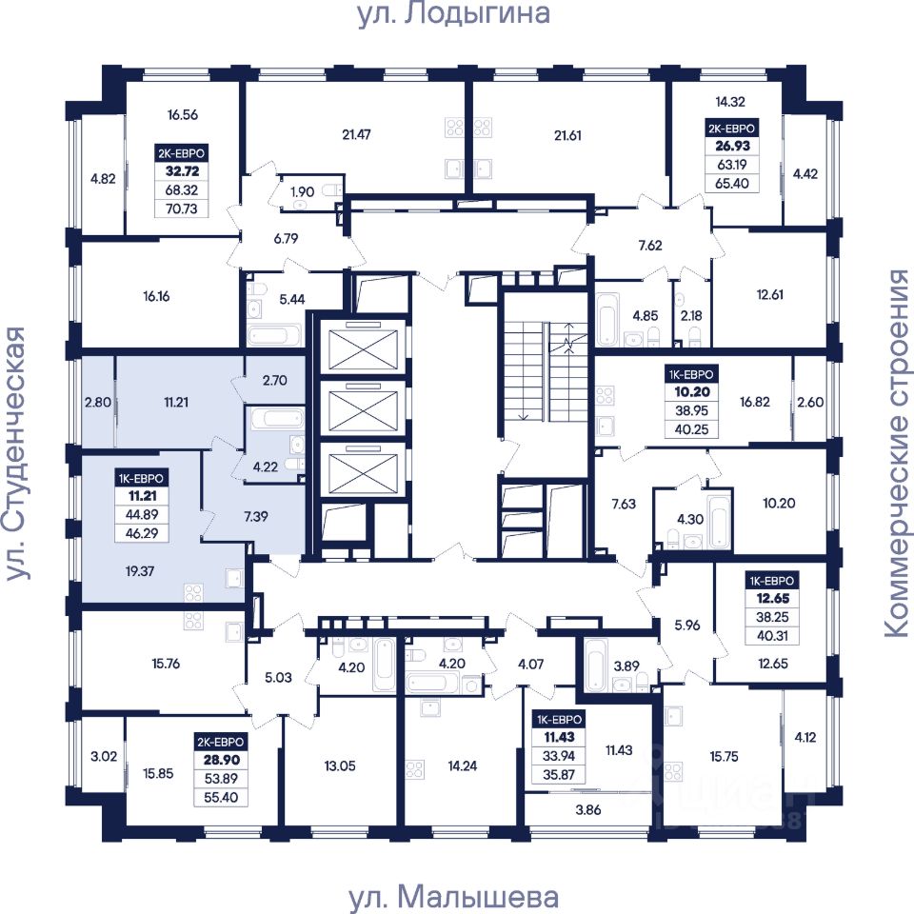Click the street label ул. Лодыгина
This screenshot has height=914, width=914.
click(453, 12)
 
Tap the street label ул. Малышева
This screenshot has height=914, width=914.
click(453, 898)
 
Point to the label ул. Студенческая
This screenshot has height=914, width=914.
click(16, 453)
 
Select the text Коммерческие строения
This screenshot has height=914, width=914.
click(897, 453)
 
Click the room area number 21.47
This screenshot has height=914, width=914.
click(356, 134)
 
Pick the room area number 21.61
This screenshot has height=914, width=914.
click(567, 135)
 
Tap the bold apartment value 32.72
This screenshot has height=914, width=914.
click(183, 171)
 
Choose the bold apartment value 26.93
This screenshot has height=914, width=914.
click(733, 146)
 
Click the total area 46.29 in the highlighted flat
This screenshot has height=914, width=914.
click(142, 533)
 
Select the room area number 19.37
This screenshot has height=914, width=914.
click(140, 571)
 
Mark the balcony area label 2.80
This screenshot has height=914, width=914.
click(97, 402)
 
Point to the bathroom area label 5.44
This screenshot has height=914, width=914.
click(292, 299)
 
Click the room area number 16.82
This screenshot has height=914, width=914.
click(755, 402)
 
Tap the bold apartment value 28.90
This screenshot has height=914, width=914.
click(222, 760)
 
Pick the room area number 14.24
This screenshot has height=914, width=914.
click(463, 765)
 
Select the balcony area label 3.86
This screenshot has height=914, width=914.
click(588, 809)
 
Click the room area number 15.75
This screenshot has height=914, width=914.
click(724, 756)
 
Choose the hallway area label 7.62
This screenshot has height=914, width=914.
click(650, 246)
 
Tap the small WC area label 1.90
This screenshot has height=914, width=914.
click(303, 191)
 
